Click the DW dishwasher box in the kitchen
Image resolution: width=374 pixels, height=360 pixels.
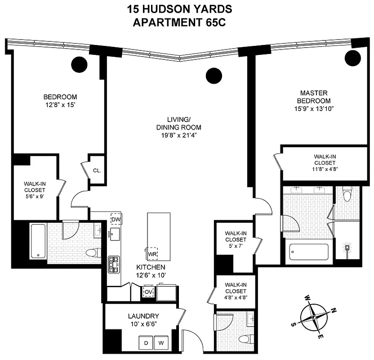pos(116,218)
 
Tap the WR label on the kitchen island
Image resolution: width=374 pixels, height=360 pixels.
pos(152,253)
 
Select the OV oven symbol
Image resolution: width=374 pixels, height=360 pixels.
pos(148,292)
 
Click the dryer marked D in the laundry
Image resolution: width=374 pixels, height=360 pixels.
pos(146,343)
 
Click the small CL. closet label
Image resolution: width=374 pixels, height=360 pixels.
pos(97,171)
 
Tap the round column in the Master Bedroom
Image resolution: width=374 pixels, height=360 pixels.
pos(353,57)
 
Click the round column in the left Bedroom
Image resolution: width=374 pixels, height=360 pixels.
pos(79,64)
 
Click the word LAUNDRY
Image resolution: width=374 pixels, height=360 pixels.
pos(143,316)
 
